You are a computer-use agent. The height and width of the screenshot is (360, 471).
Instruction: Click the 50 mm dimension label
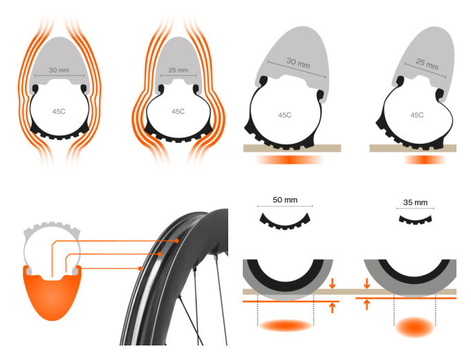click(285, 200)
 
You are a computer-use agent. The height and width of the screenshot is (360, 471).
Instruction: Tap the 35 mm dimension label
click(415, 202)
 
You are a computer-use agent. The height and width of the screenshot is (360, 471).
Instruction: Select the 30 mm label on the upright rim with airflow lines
click(59, 70)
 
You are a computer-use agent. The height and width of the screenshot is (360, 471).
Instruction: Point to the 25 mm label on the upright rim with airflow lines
click(178, 70)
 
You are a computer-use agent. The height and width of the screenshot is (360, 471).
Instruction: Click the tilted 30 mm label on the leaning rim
click(298, 63)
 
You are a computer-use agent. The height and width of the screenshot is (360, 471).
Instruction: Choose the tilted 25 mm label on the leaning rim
click(427, 64)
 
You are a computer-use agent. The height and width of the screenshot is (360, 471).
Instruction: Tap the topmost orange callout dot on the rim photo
click(176, 240)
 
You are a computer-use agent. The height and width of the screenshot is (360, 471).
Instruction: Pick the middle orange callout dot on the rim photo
click(160, 254)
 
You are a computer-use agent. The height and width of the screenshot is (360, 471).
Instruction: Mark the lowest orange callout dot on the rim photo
click(140, 268)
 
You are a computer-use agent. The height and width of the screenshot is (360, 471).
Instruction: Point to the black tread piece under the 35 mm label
click(416, 221)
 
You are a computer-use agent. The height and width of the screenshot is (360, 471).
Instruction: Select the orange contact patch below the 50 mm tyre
click(286, 325)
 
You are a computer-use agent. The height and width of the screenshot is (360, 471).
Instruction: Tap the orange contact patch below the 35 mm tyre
click(415, 327)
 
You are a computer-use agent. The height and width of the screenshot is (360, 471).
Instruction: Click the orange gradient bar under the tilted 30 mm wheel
click(290, 160)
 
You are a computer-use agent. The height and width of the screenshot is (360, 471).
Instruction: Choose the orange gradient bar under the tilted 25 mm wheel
click(425, 160)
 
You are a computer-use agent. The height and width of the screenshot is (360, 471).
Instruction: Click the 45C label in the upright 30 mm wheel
click(59, 112)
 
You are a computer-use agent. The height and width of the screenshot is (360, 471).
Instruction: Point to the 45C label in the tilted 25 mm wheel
click(417, 115)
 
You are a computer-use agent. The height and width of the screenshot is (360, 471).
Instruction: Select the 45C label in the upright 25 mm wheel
click(178, 112)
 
